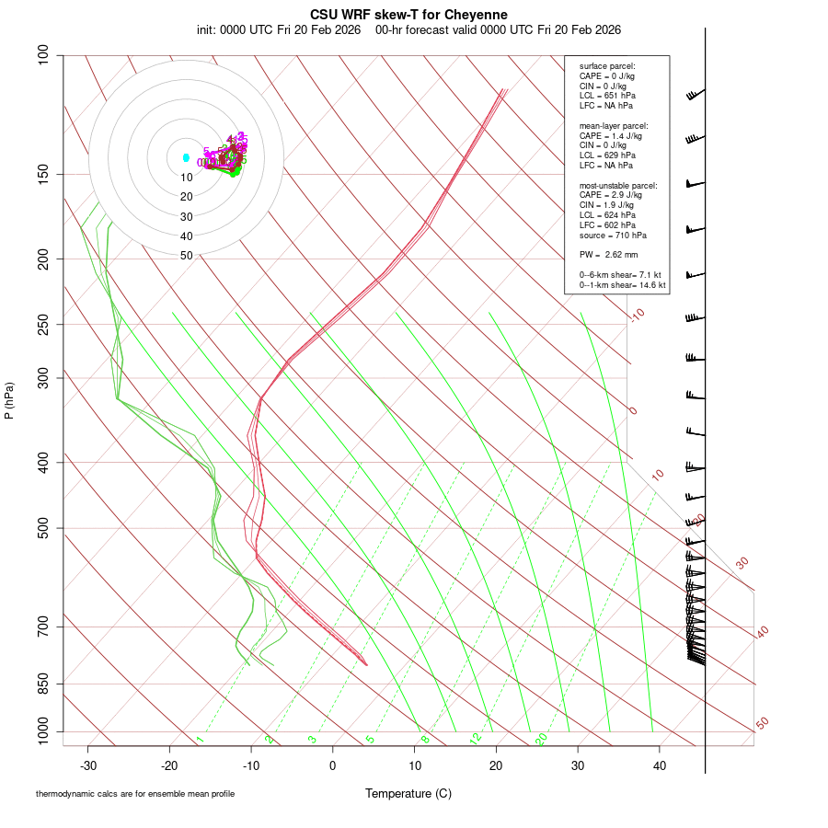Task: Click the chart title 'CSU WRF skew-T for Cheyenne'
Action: tap(408, 15)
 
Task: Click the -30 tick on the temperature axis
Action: tap(88, 765)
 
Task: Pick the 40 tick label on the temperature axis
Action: tap(659, 765)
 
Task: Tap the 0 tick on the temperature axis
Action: tap(333, 765)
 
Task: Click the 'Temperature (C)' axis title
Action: tap(408, 793)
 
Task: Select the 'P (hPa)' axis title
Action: tap(9, 401)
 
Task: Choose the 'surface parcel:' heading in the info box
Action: tap(607, 66)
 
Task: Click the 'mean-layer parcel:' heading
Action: tap(614, 125)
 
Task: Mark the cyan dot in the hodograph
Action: tap(186, 158)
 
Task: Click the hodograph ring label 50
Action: tap(187, 256)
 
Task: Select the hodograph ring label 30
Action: tap(187, 217)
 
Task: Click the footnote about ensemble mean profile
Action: tap(135, 794)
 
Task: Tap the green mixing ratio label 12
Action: tap(476, 738)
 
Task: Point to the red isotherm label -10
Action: tap(637, 315)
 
